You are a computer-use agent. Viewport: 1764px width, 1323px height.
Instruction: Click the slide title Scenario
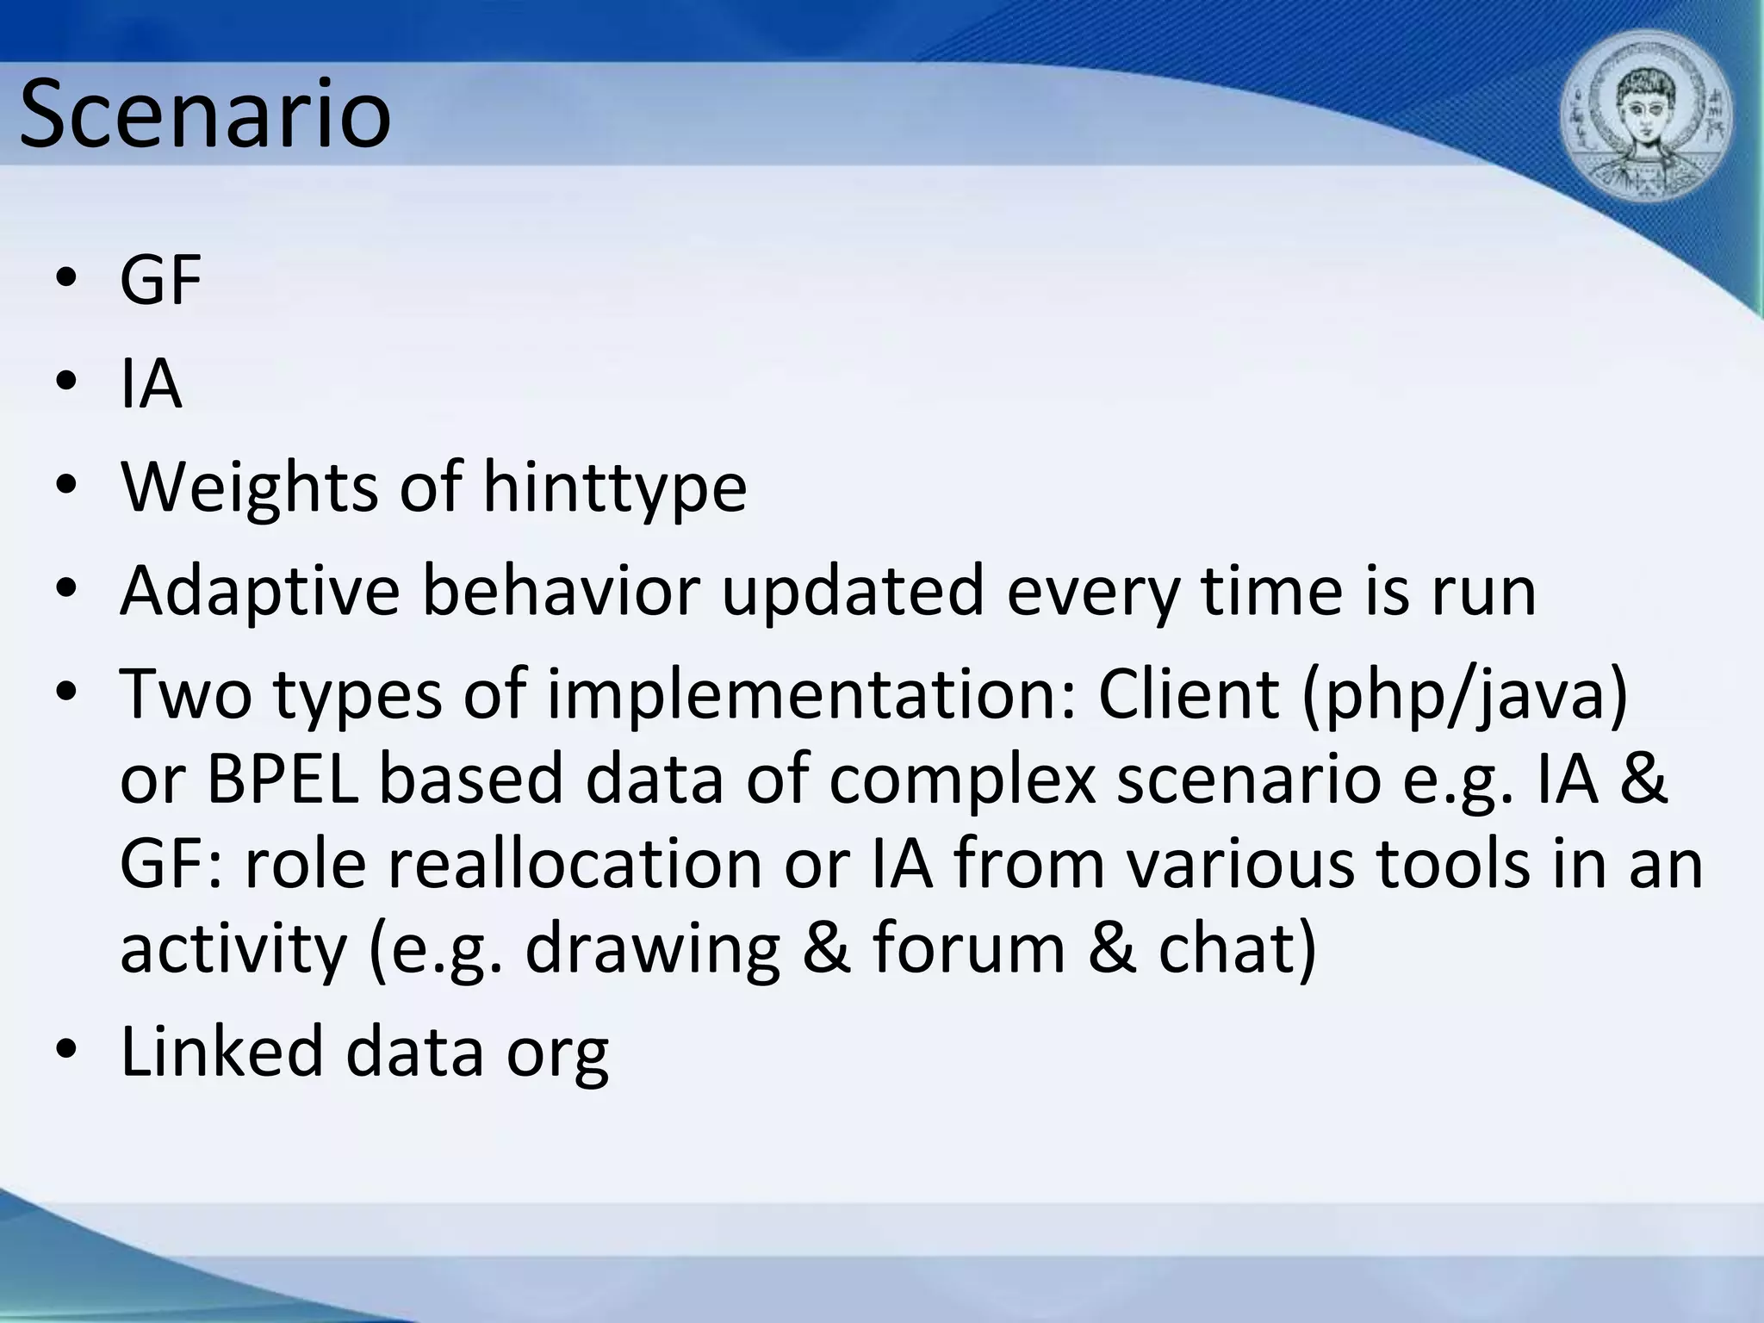[205, 115]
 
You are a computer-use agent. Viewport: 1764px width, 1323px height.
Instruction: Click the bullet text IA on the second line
[151, 384]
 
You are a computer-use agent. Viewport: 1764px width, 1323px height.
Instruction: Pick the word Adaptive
[259, 592]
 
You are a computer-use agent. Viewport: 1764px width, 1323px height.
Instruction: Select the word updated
[852, 592]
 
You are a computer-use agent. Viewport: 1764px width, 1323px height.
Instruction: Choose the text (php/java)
[1464, 695]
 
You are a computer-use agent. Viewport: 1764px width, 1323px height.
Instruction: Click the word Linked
[221, 1052]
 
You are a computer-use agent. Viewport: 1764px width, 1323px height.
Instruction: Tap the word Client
[1188, 695]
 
